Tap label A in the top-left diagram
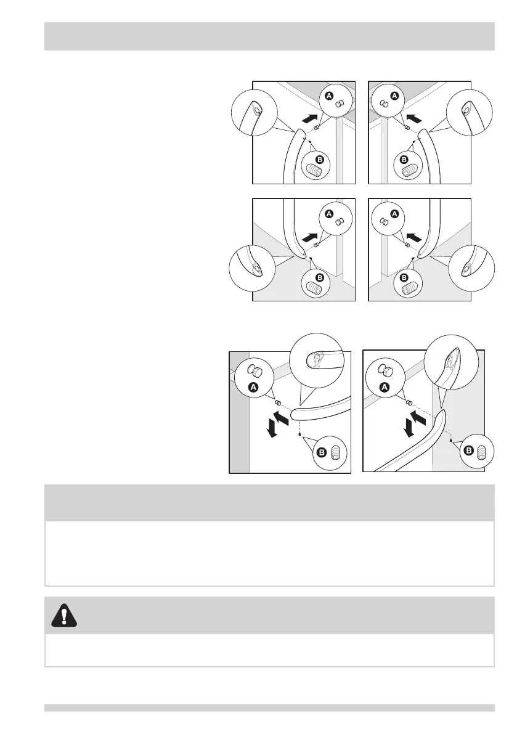coord(329,96)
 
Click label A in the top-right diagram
coord(394,96)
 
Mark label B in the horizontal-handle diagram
coord(321,452)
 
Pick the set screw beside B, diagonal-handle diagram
coord(482,452)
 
